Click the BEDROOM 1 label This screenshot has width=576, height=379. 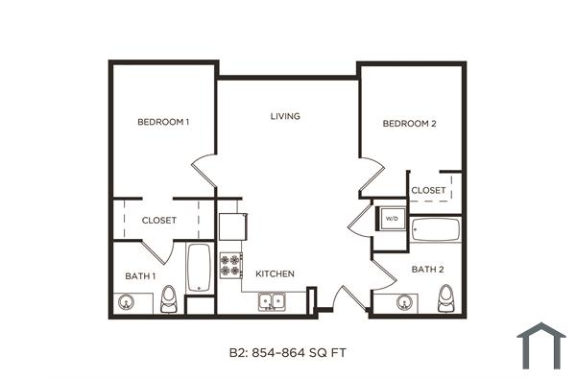click(x=163, y=122)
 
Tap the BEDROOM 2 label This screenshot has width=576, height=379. click(x=410, y=124)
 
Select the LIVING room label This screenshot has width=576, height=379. click(x=285, y=116)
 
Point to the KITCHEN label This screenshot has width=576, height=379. click(x=275, y=274)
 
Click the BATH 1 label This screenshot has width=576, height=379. click(x=140, y=276)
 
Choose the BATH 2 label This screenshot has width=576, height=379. click(x=427, y=270)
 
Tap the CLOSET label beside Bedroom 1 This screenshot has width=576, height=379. click(x=159, y=221)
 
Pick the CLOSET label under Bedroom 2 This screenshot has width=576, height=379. click(x=428, y=191)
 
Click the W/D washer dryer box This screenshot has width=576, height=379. click(x=392, y=220)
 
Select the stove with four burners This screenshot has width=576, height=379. click(x=230, y=265)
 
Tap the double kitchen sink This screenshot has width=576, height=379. click(x=272, y=302)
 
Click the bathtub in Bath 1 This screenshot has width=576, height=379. click(x=199, y=268)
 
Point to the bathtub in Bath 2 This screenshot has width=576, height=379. click(x=436, y=231)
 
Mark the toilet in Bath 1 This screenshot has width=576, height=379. click(x=170, y=299)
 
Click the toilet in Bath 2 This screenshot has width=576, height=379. click(x=444, y=301)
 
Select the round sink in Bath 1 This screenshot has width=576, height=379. click(x=126, y=302)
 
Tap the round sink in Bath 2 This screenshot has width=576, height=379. click(x=404, y=303)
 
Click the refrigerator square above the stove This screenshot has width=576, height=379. click(x=232, y=226)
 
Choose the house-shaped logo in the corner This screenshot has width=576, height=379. click(x=540, y=346)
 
